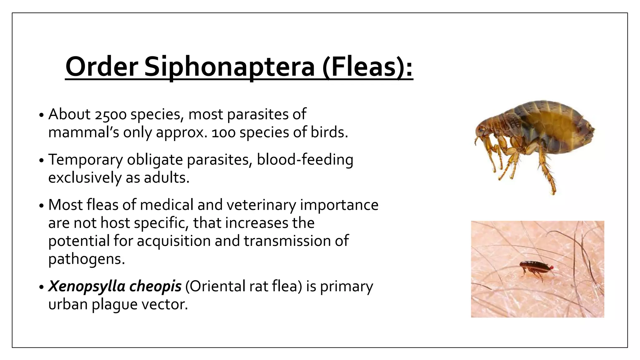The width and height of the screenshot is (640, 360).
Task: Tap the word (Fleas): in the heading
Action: coord(367,67)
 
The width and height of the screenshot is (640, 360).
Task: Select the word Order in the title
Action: coord(102,67)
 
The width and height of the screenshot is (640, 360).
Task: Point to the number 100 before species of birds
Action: coord(223,133)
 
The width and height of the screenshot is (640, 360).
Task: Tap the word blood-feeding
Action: coord(305,160)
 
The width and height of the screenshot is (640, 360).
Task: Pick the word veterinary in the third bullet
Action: coord(261,206)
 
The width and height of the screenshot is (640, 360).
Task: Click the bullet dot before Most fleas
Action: coord(42,206)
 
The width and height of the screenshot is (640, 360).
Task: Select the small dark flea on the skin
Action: coord(535,267)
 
